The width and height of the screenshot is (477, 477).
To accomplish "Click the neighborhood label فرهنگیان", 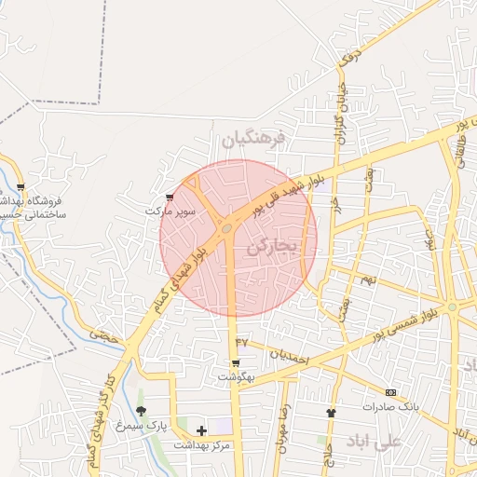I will click(252, 140).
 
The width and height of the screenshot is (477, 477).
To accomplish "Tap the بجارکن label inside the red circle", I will click(272, 247).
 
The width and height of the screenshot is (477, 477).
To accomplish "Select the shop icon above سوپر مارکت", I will click(169, 197).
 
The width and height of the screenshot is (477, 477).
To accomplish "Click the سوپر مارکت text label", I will click(170, 211).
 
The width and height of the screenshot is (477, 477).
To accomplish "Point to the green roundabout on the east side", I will click(452, 307).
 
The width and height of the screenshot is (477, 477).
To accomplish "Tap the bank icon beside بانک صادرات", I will click(390, 392).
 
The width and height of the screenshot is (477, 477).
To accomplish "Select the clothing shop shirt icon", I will click(330, 412).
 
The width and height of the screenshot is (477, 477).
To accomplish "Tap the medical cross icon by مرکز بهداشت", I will click(201, 430).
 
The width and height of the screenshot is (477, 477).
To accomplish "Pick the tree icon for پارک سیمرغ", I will click(141, 410).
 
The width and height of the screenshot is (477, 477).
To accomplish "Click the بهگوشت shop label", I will click(235, 376).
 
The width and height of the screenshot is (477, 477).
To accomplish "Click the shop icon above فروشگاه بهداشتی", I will click(20, 186).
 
